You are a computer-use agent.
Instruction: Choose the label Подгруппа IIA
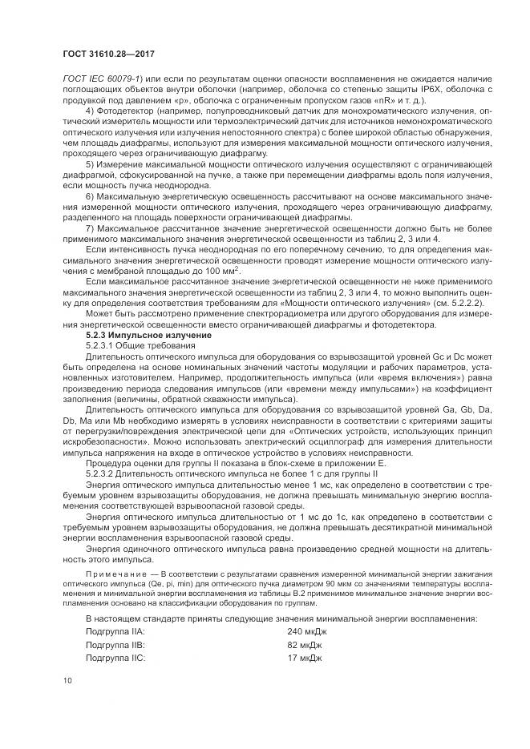click(x=115, y=632)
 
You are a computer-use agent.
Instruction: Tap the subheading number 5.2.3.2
click(x=101, y=473)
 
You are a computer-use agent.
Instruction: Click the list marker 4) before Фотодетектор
click(x=89, y=109)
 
